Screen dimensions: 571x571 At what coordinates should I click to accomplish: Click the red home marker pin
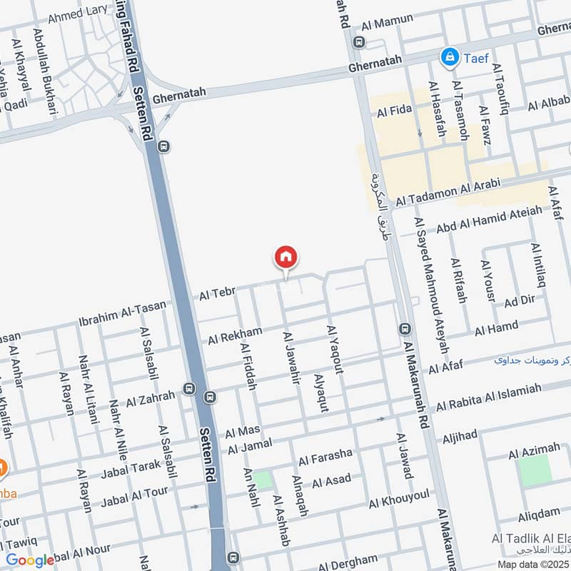point(286,257)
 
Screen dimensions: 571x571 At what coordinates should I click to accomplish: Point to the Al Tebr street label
point(217,293)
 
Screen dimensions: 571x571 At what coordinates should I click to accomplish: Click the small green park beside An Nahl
point(263,480)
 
